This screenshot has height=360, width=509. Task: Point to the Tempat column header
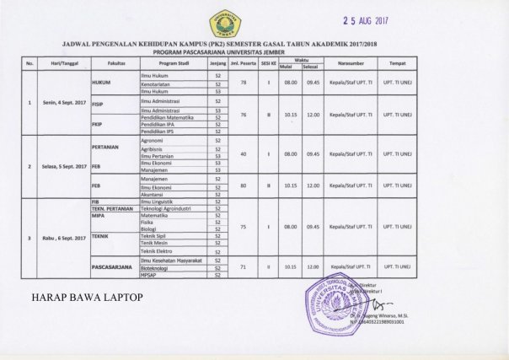point(397,63)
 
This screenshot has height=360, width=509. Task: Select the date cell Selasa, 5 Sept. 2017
point(63,166)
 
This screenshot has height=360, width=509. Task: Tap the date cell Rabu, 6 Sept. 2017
point(63,238)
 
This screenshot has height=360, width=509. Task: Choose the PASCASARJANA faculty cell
point(113,267)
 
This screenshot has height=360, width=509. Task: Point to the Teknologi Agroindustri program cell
point(169,208)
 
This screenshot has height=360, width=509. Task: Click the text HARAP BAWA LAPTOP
point(88,298)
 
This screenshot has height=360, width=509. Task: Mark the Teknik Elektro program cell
point(158,251)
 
